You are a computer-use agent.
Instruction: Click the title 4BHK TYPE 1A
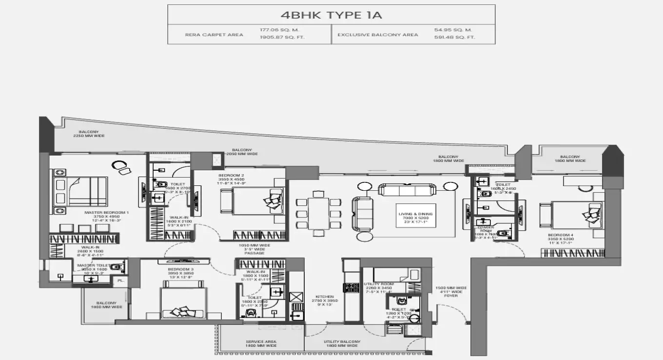[331, 15]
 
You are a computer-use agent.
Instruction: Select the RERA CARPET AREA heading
[207, 35]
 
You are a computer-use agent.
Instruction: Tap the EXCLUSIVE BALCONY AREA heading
[378, 35]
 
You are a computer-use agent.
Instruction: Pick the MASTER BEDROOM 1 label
[106, 213]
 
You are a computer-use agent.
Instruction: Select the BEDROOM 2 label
[231, 175]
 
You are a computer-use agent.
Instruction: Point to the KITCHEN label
[324, 297]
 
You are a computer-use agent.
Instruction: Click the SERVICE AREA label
[261, 341]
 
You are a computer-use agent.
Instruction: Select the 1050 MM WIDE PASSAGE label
[254, 249]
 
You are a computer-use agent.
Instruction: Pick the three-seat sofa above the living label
[408, 190]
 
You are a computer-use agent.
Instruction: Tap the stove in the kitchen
[351, 288]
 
